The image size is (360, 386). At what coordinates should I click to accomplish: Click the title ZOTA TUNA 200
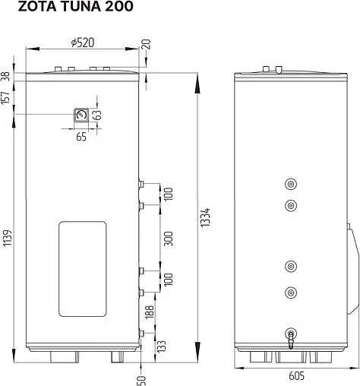tap(75, 6)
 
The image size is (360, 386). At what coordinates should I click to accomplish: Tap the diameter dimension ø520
tap(83, 43)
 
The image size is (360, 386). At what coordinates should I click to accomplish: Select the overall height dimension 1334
tap(205, 217)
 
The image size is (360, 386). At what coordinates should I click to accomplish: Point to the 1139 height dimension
tap(8, 238)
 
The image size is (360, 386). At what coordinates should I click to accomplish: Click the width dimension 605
tap(296, 376)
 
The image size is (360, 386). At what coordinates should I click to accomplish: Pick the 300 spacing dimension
tap(169, 239)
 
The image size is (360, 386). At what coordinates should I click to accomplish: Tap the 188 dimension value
tap(150, 312)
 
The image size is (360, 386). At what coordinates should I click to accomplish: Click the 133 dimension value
tap(161, 346)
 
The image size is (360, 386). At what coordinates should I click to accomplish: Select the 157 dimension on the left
tap(5, 97)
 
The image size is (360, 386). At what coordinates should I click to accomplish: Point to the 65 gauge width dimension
tap(81, 137)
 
